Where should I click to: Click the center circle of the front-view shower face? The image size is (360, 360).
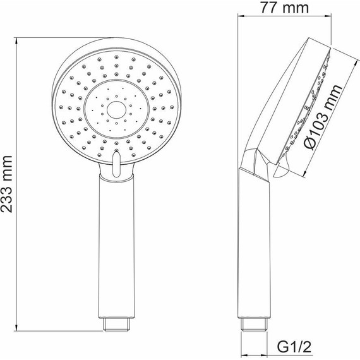click(x=116, y=110)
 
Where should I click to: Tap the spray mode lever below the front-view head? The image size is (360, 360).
click(x=116, y=165)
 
